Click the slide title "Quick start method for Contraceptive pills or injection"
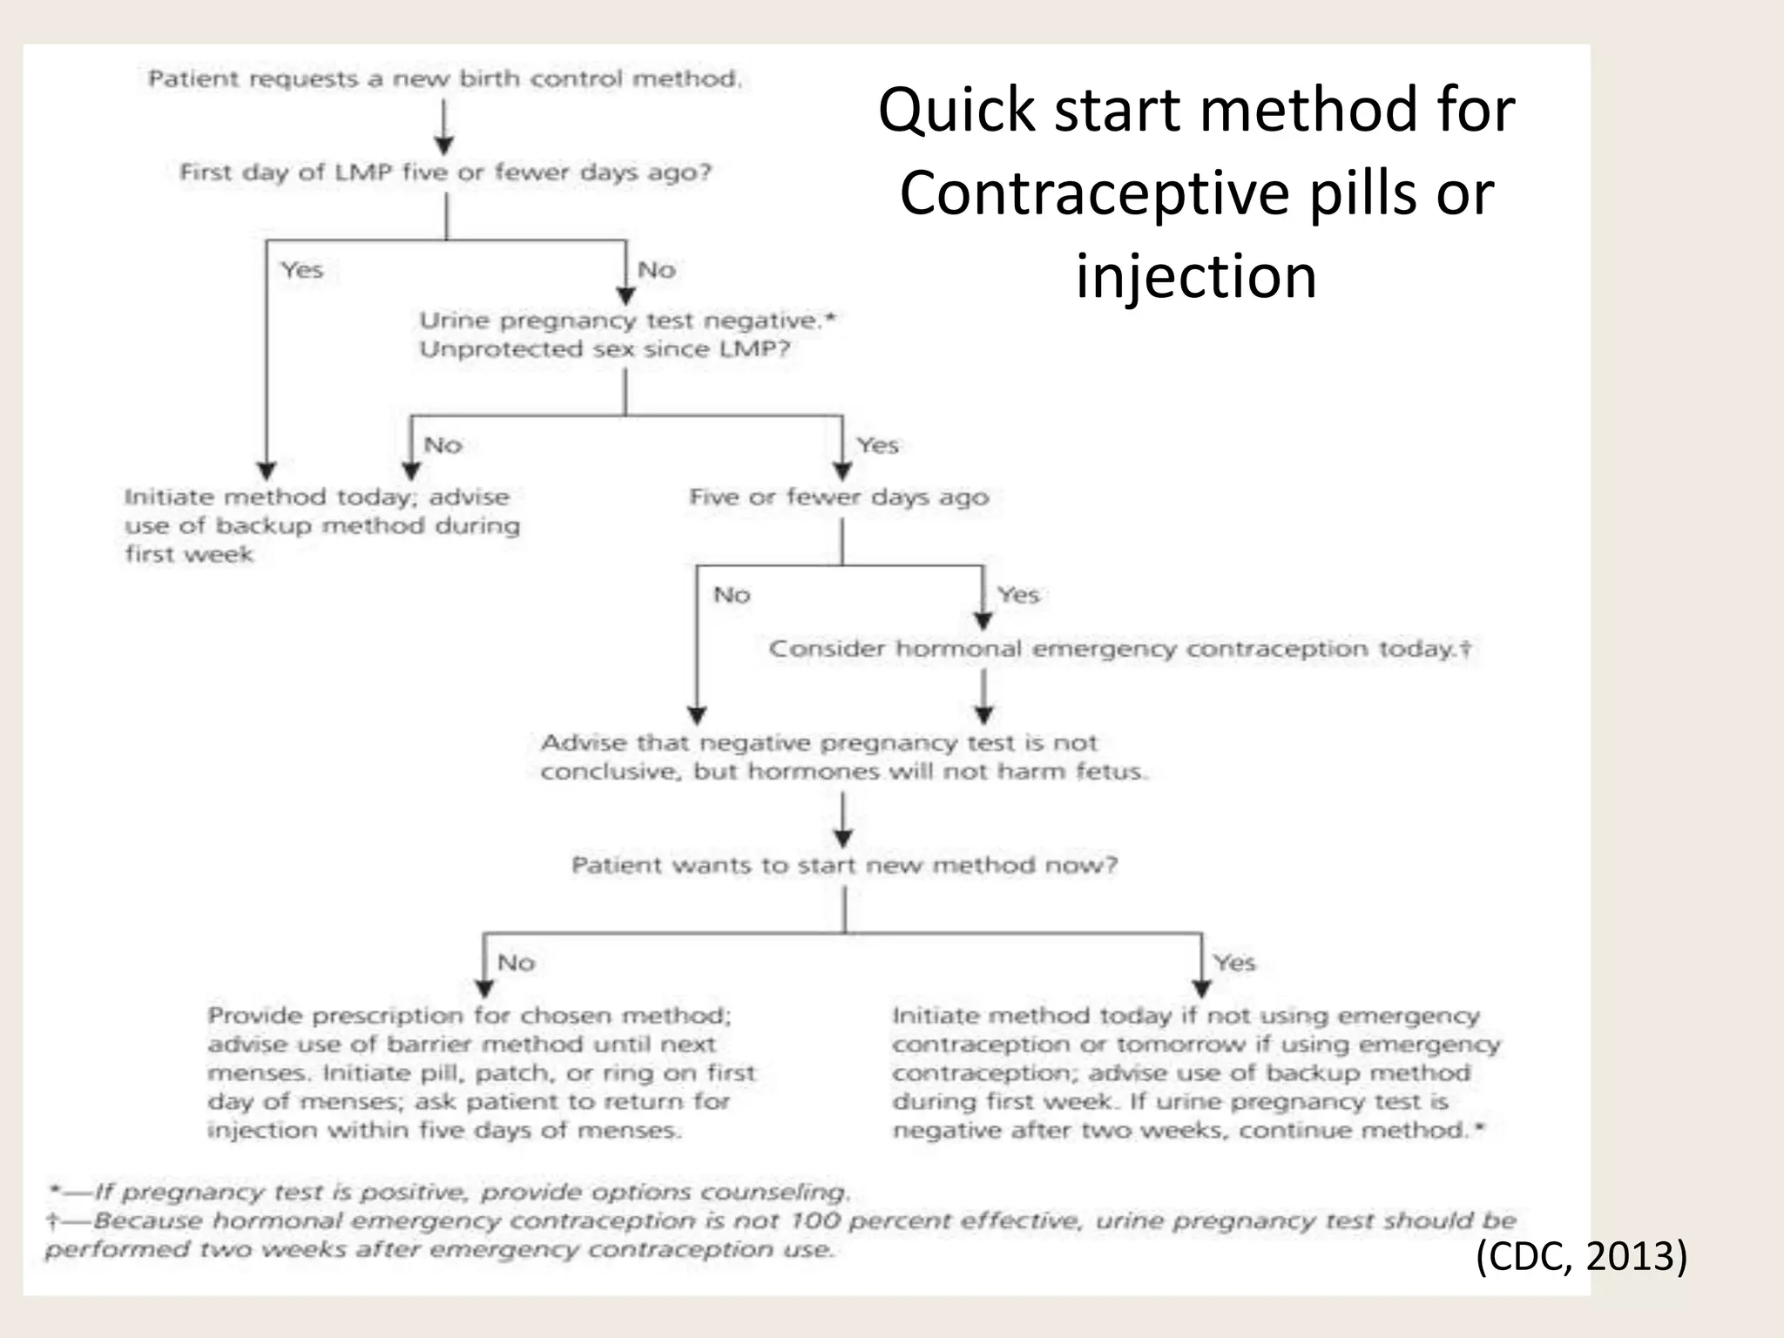[x=1196, y=193]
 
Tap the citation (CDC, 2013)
[x=1581, y=1256]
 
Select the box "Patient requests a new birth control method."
[x=445, y=79]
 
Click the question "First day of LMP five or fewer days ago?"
[x=445, y=172]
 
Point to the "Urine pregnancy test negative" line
[x=627, y=321]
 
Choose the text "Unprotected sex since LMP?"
[x=605, y=349]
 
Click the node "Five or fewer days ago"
[x=839, y=497]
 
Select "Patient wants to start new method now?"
[x=844, y=865]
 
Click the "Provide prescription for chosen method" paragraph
[x=482, y=1072]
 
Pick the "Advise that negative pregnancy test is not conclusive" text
[x=843, y=757]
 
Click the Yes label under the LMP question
[x=302, y=270]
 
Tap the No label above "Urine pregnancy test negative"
[x=657, y=270]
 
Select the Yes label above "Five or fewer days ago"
[x=877, y=445]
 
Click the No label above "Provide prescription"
[x=516, y=963]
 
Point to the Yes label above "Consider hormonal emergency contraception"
[x=1018, y=595]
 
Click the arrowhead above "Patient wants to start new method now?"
[x=843, y=837]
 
